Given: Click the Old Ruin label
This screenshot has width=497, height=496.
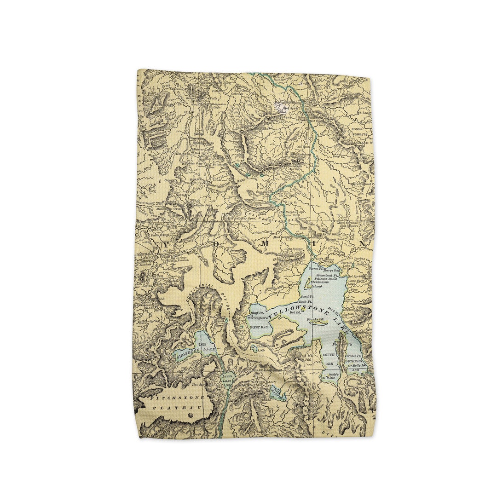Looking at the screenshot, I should coord(303,147).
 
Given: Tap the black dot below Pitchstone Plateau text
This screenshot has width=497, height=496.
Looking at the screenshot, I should coord(191,415).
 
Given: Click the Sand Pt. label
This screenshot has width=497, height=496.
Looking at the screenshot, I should coord(308,297).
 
